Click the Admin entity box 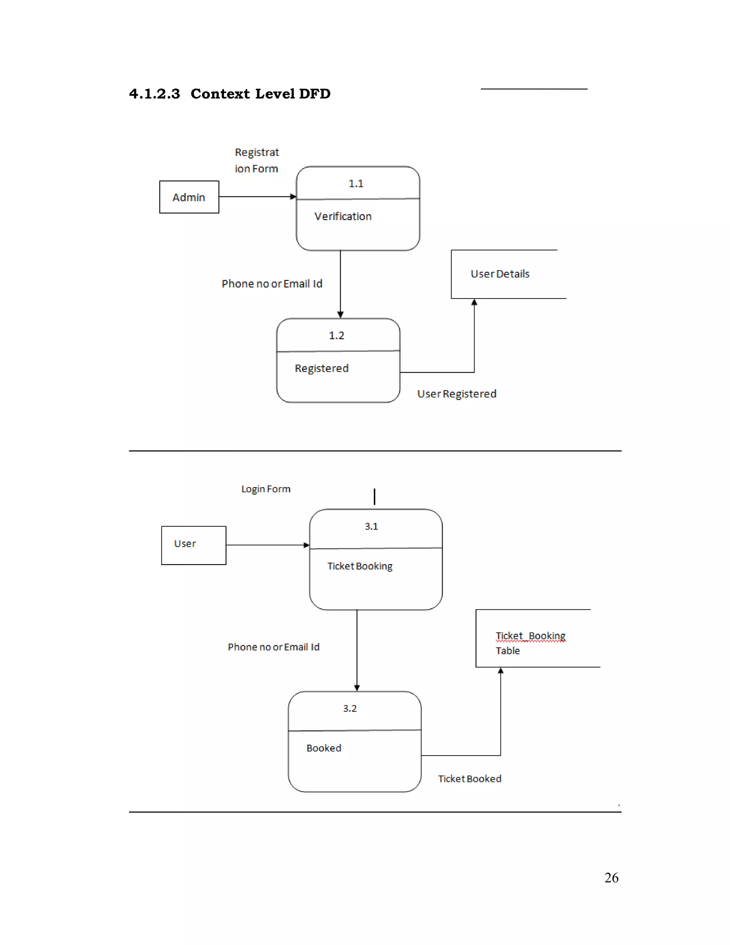[189, 197]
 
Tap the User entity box [193, 545]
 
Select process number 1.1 [356, 183]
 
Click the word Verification [343, 216]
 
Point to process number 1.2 [336, 335]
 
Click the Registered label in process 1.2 [321, 368]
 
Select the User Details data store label [500, 274]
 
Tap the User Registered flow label [457, 394]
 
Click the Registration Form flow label [257, 160]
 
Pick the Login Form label [266, 489]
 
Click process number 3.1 [371, 526]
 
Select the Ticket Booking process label [360, 566]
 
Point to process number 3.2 [350, 708]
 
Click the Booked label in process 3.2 [324, 748]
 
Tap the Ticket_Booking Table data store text [530, 643]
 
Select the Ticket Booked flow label [470, 779]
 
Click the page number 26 [611, 878]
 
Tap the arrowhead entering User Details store [474, 302]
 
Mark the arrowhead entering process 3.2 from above [357, 688]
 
